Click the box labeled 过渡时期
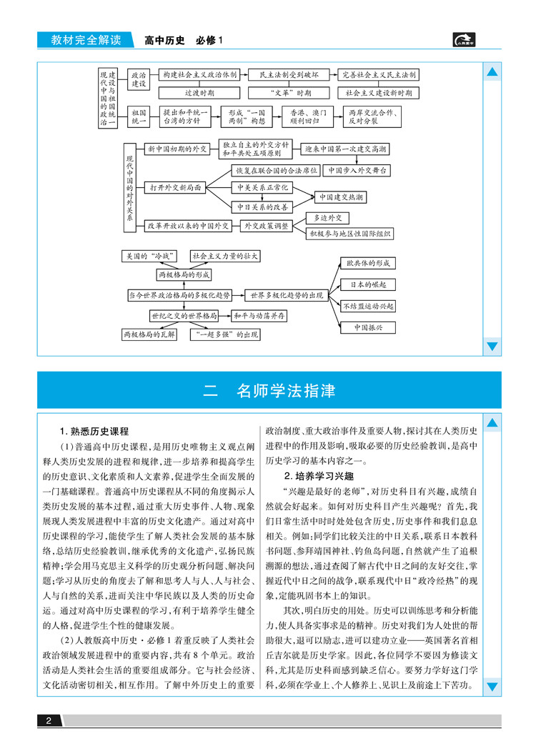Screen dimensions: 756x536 (x=199, y=93)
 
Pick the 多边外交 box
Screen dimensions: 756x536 (x=328, y=217)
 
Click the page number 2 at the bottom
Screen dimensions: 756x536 (x=49, y=721)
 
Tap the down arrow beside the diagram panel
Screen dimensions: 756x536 (x=492, y=347)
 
